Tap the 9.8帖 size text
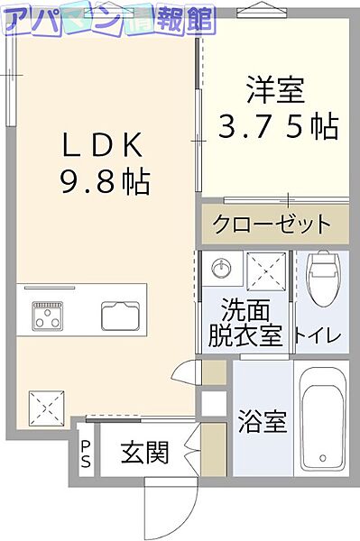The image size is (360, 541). coord(105,183)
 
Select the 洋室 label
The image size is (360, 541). coord(277,90)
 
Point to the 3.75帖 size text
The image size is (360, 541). coord(277,127)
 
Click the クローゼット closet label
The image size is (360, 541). coord(272,223)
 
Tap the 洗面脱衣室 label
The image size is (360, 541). coord(245,324)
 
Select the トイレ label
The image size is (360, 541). coord(318,336)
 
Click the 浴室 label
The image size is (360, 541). coord(263,421)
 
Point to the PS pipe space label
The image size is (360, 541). coord(86,453)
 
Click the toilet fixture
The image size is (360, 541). coord(321,280)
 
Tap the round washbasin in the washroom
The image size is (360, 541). coord(219,268)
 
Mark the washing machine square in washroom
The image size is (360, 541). coord(265,270)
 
